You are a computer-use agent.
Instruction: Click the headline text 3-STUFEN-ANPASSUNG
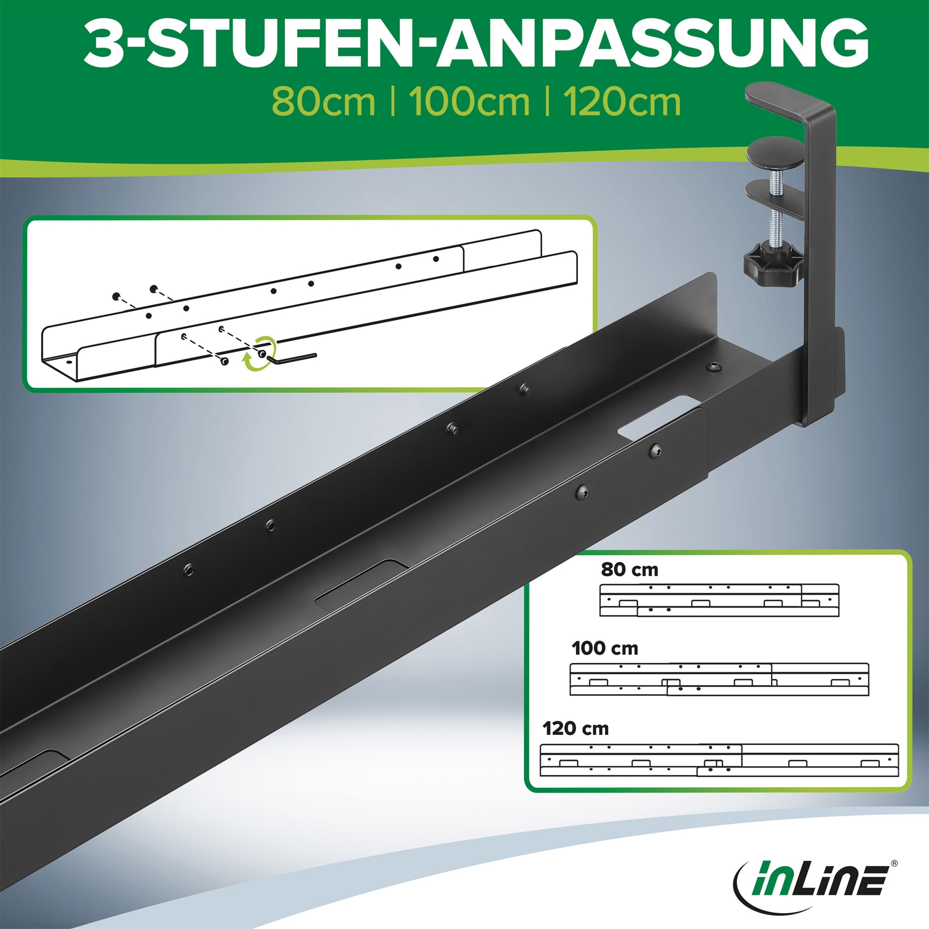tap(476, 44)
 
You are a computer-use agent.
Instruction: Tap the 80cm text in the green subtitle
tap(323, 102)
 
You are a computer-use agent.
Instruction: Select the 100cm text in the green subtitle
tap(469, 102)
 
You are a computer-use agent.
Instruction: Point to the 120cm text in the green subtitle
tap(622, 102)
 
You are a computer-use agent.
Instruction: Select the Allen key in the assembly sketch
tap(290, 358)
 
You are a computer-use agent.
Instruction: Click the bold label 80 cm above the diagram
tap(629, 569)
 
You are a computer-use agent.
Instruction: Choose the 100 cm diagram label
tap(605, 648)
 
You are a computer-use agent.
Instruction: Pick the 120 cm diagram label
tap(575, 729)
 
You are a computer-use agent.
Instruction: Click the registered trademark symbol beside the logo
tap(894, 863)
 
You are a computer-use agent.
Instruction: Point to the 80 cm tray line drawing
tap(719, 600)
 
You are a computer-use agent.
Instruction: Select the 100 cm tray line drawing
tap(719, 679)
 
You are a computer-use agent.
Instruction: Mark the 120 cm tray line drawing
tap(719, 760)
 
